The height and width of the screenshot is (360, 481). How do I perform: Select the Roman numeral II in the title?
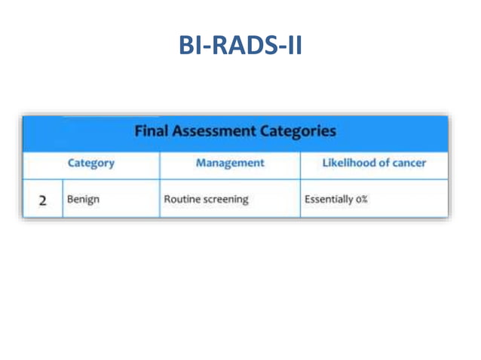click(x=293, y=46)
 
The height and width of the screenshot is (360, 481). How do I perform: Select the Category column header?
click(x=91, y=163)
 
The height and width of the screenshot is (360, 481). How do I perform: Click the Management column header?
click(x=229, y=163)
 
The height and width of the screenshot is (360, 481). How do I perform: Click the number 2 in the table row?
click(x=44, y=201)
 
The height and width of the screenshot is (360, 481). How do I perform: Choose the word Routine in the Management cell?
click(x=183, y=201)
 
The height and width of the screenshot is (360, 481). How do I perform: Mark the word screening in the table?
click(x=225, y=201)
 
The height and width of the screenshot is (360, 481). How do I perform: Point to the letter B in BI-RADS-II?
click(x=186, y=46)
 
